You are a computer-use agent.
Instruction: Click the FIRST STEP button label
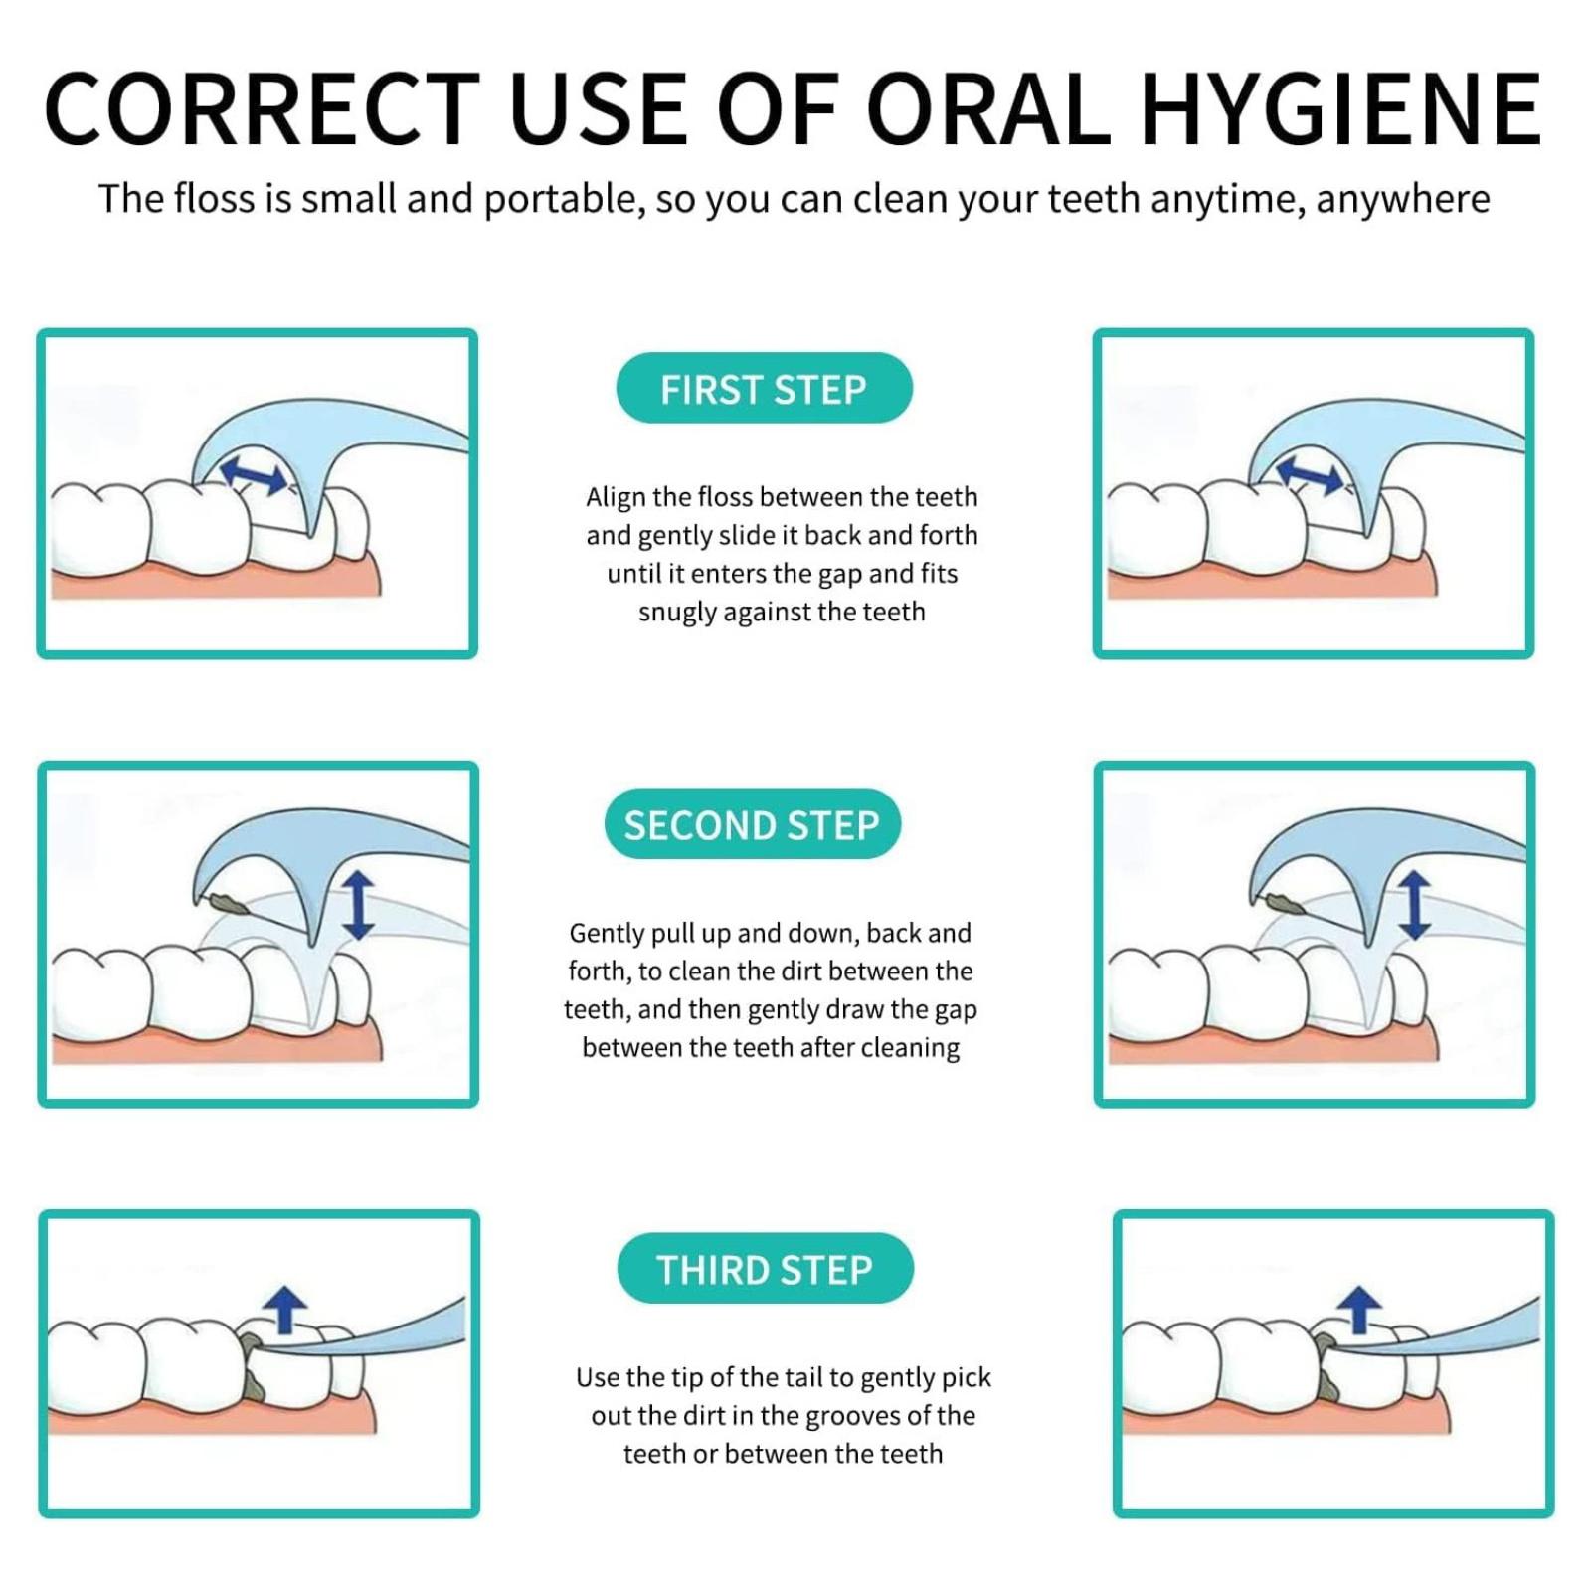point(764,389)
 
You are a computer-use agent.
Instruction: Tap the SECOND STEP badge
point(752,824)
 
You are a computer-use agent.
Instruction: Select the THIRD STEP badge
point(765,1269)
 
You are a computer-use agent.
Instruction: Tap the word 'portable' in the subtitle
point(565,200)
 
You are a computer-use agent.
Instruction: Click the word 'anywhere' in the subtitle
point(1403,200)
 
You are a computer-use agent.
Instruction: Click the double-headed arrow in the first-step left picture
point(255,474)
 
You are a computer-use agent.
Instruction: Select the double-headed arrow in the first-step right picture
point(1311,474)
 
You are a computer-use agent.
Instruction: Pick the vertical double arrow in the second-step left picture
point(358,905)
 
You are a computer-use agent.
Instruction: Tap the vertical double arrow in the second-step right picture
point(1414,905)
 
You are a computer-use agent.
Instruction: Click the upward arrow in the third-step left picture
point(286,1309)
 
